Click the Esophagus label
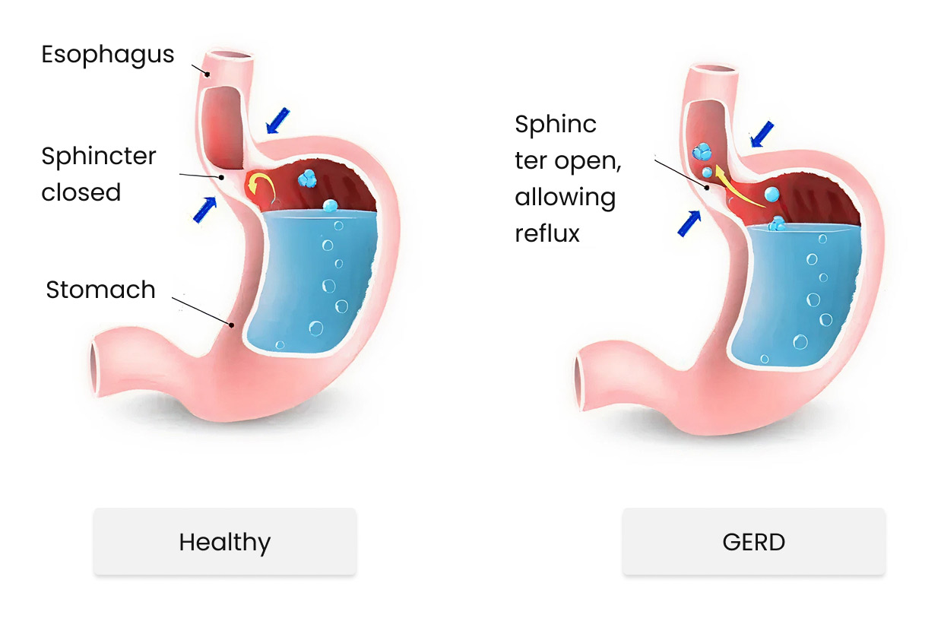pyautogui.click(x=107, y=55)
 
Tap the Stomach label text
pyautogui.click(x=100, y=290)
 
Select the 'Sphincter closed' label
pyautogui.click(x=99, y=174)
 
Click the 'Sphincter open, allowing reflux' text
pyautogui.click(x=566, y=179)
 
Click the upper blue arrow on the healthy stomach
pyautogui.click(x=277, y=120)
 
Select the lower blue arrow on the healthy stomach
pyautogui.click(x=204, y=208)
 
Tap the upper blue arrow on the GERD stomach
pyautogui.click(x=762, y=134)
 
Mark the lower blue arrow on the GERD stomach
pyautogui.click(x=689, y=223)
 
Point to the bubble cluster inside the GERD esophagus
pyautogui.click(x=702, y=154)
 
